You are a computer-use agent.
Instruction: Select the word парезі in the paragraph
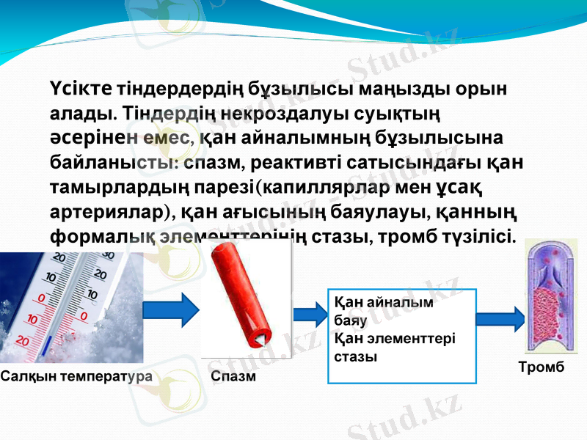[x=227, y=187]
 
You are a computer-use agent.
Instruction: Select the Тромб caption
[x=546, y=367]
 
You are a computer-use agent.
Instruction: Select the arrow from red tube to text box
[x=308, y=314]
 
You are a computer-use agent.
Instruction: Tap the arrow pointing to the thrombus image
[x=500, y=320]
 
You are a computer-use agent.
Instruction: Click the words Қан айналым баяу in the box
[x=382, y=309]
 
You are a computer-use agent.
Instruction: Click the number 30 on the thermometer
[x=107, y=255]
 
